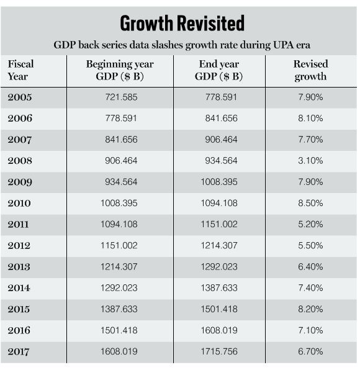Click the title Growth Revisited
pos(182,23)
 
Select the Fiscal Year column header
pos(20,70)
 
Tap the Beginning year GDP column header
pos(120,70)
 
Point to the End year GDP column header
pos(219,70)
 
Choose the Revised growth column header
pos(311,70)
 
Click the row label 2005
pos(20,97)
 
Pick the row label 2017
pos(19,351)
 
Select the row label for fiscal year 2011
pos(18,224)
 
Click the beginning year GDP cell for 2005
pos(121,97)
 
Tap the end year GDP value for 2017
pos(219,351)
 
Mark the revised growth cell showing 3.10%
pos(310,161)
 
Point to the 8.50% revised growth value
pos(310,203)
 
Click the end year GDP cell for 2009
pos(219,182)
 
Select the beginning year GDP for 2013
pos(119,267)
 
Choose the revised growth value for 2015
pos(310,309)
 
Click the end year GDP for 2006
pos(221,118)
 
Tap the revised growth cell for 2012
pos(310,245)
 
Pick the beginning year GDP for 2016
pos(119,330)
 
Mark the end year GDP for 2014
pos(219,288)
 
